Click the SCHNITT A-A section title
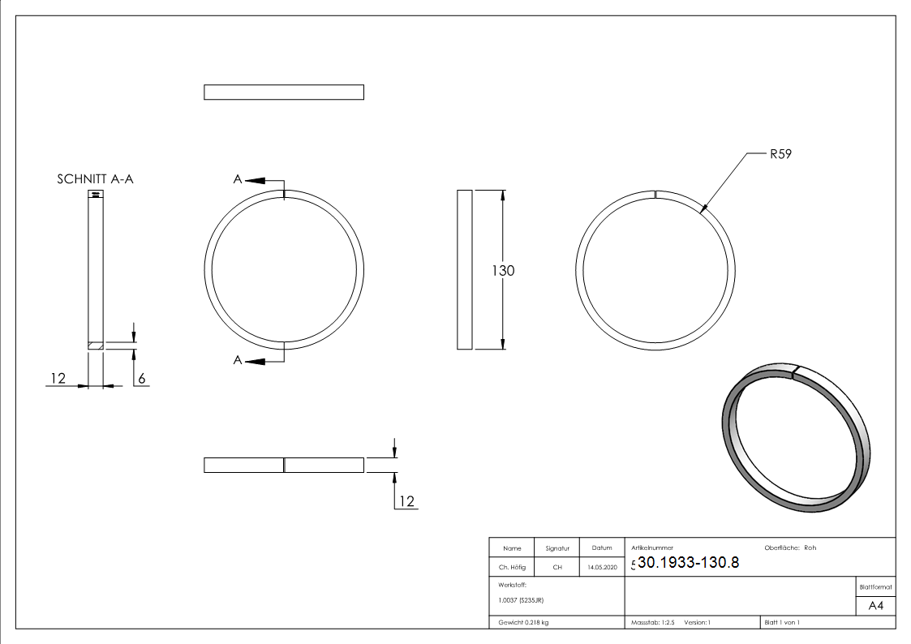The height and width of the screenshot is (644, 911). pos(95,179)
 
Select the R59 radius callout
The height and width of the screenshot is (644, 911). pos(780,154)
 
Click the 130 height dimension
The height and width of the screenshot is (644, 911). pos(503,271)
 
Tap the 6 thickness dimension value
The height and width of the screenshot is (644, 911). pos(141,378)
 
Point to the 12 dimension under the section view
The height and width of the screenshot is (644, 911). pos(58,378)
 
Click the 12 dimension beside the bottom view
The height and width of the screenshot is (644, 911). pos(406,501)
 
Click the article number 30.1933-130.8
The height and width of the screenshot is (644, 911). pos(688,563)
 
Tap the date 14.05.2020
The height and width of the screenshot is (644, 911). pos(602,568)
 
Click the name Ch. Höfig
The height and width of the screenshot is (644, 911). pos(512,568)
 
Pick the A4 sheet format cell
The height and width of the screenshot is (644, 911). pos(876,606)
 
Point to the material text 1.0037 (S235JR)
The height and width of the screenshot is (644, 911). pos(521,599)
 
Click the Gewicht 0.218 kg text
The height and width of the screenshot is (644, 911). pos(523,622)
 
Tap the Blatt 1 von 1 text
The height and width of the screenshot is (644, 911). pos(782,622)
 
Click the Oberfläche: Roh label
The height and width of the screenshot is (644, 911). pos(790,548)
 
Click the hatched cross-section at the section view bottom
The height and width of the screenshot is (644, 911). pos(97,346)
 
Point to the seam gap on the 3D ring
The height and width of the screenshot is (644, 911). pos(797,371)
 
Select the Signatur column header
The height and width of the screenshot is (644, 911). pos(557,548)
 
